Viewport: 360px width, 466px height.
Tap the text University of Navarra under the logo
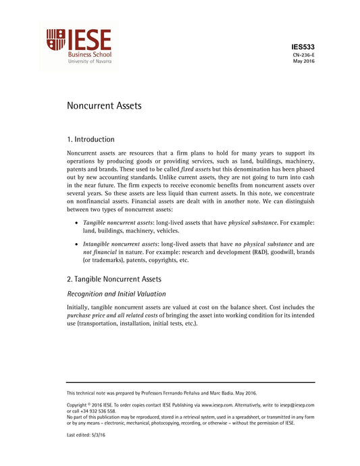click(x=90, y=61)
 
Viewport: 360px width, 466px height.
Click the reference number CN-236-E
click(x=303, y=54)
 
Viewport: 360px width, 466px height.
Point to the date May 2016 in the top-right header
click(x=303, y=61)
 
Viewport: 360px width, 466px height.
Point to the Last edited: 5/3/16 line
click(x=86, y=435)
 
